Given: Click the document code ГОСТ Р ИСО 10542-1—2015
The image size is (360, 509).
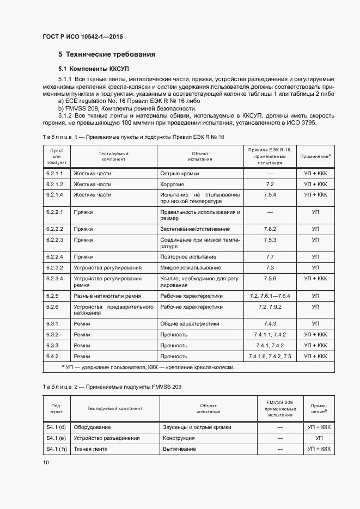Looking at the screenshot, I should tap(82, 37).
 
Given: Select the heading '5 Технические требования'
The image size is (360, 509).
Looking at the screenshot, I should tap(107, 54).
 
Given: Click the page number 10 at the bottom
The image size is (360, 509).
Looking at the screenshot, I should tap(46, 462).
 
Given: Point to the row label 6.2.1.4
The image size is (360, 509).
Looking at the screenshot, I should tap(55, 194).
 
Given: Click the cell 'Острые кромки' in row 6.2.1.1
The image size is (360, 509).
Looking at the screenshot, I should tap(179, 173).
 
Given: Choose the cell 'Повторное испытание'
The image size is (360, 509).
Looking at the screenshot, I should tap(188, 256).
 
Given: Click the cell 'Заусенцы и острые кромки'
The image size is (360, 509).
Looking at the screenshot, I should tap(197, 427).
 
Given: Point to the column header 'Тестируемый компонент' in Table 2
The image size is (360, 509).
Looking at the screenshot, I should tap(114, 408).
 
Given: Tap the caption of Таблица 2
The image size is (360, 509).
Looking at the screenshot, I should tap(112, 386).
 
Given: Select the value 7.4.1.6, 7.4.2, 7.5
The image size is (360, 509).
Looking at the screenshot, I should tap(270, 356).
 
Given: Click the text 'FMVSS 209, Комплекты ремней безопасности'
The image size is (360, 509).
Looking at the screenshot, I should tap(126, 108).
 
